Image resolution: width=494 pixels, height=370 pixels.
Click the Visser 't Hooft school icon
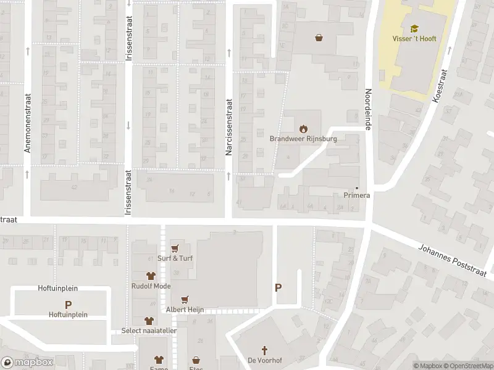point(414,28)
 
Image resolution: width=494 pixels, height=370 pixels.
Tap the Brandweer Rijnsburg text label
point(303,139)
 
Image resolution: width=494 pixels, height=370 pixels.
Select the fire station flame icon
point(303,129)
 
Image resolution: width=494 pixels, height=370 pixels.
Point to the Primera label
point(356,195)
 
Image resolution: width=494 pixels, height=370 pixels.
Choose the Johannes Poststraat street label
point(452,261)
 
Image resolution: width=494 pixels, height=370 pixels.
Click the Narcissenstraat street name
point(228,126)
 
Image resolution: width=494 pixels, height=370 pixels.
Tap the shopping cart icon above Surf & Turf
point(175,249)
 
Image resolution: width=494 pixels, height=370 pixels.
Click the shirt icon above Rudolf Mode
point(149,276)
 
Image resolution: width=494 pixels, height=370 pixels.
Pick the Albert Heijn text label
point(184,309)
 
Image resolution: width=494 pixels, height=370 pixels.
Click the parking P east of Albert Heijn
point(278,287)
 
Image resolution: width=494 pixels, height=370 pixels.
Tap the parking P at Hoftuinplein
point(68,304)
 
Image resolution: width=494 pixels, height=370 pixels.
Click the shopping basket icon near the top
point(319,37)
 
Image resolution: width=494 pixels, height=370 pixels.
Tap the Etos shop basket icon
point(196,360)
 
